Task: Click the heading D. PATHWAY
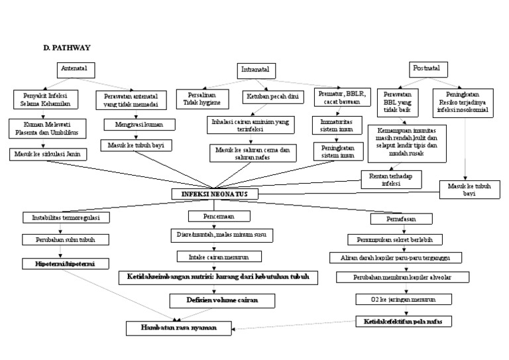(x=64, y=48)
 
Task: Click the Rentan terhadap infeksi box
(x=391, y=179)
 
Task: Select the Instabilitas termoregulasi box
(x=66, y=217)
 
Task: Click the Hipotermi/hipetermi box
(x=64, y=263)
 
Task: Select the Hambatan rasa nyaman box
(x=180, y=328)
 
